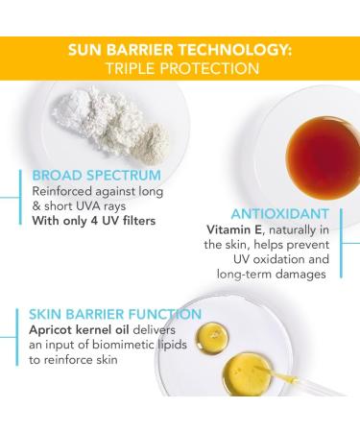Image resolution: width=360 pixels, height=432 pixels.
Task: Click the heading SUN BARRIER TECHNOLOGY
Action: coord(180,49)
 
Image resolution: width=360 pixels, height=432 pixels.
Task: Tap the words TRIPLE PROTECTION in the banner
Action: coord(180,68)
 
